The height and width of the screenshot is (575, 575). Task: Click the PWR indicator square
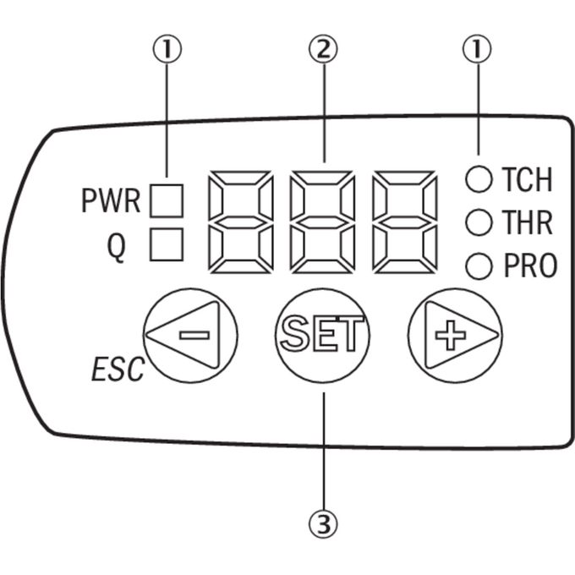[167, 200]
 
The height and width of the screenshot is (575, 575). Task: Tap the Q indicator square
[167, 244]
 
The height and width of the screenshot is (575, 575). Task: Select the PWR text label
[111, 201]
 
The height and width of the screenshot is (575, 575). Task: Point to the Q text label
[116, 248]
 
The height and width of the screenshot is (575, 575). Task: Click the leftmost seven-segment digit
[240, 222]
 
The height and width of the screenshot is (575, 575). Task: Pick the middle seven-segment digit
[323, 222]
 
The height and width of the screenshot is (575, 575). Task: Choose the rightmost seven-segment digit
[405, 222]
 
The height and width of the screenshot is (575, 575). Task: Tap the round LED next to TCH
[479, 179]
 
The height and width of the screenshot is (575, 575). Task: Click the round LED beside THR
[479, 222]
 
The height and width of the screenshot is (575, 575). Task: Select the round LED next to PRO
[479, 266]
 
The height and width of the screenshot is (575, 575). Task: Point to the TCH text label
[527, 179]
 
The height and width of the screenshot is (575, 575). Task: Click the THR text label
[527, 222]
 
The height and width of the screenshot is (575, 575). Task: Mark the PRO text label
[530, 266]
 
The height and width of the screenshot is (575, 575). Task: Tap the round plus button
[455, 336]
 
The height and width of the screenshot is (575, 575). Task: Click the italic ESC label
[118, 370]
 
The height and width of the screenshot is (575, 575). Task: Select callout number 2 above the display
[323, 49]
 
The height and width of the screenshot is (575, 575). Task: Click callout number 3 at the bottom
[323, 524]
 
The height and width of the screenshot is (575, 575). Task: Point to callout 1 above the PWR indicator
[167, 49]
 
